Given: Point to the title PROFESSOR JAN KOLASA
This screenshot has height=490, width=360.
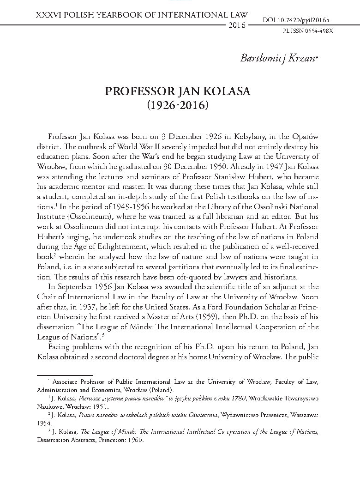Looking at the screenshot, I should [178, 91].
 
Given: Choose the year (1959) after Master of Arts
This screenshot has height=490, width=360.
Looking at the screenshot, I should [178, 317].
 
